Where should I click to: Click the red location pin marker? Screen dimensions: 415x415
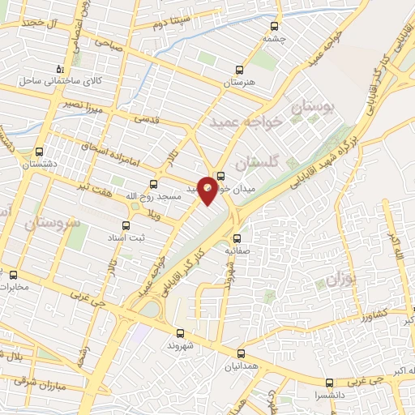208,190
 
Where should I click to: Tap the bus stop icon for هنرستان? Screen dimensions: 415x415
237,70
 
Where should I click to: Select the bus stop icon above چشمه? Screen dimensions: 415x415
269,24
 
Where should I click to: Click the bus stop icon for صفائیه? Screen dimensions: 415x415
237,238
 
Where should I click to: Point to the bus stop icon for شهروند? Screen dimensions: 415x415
180,332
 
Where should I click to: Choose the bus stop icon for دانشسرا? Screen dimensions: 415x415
328,383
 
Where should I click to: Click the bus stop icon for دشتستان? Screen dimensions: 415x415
40,151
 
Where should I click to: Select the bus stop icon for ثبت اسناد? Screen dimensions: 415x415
126,226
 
